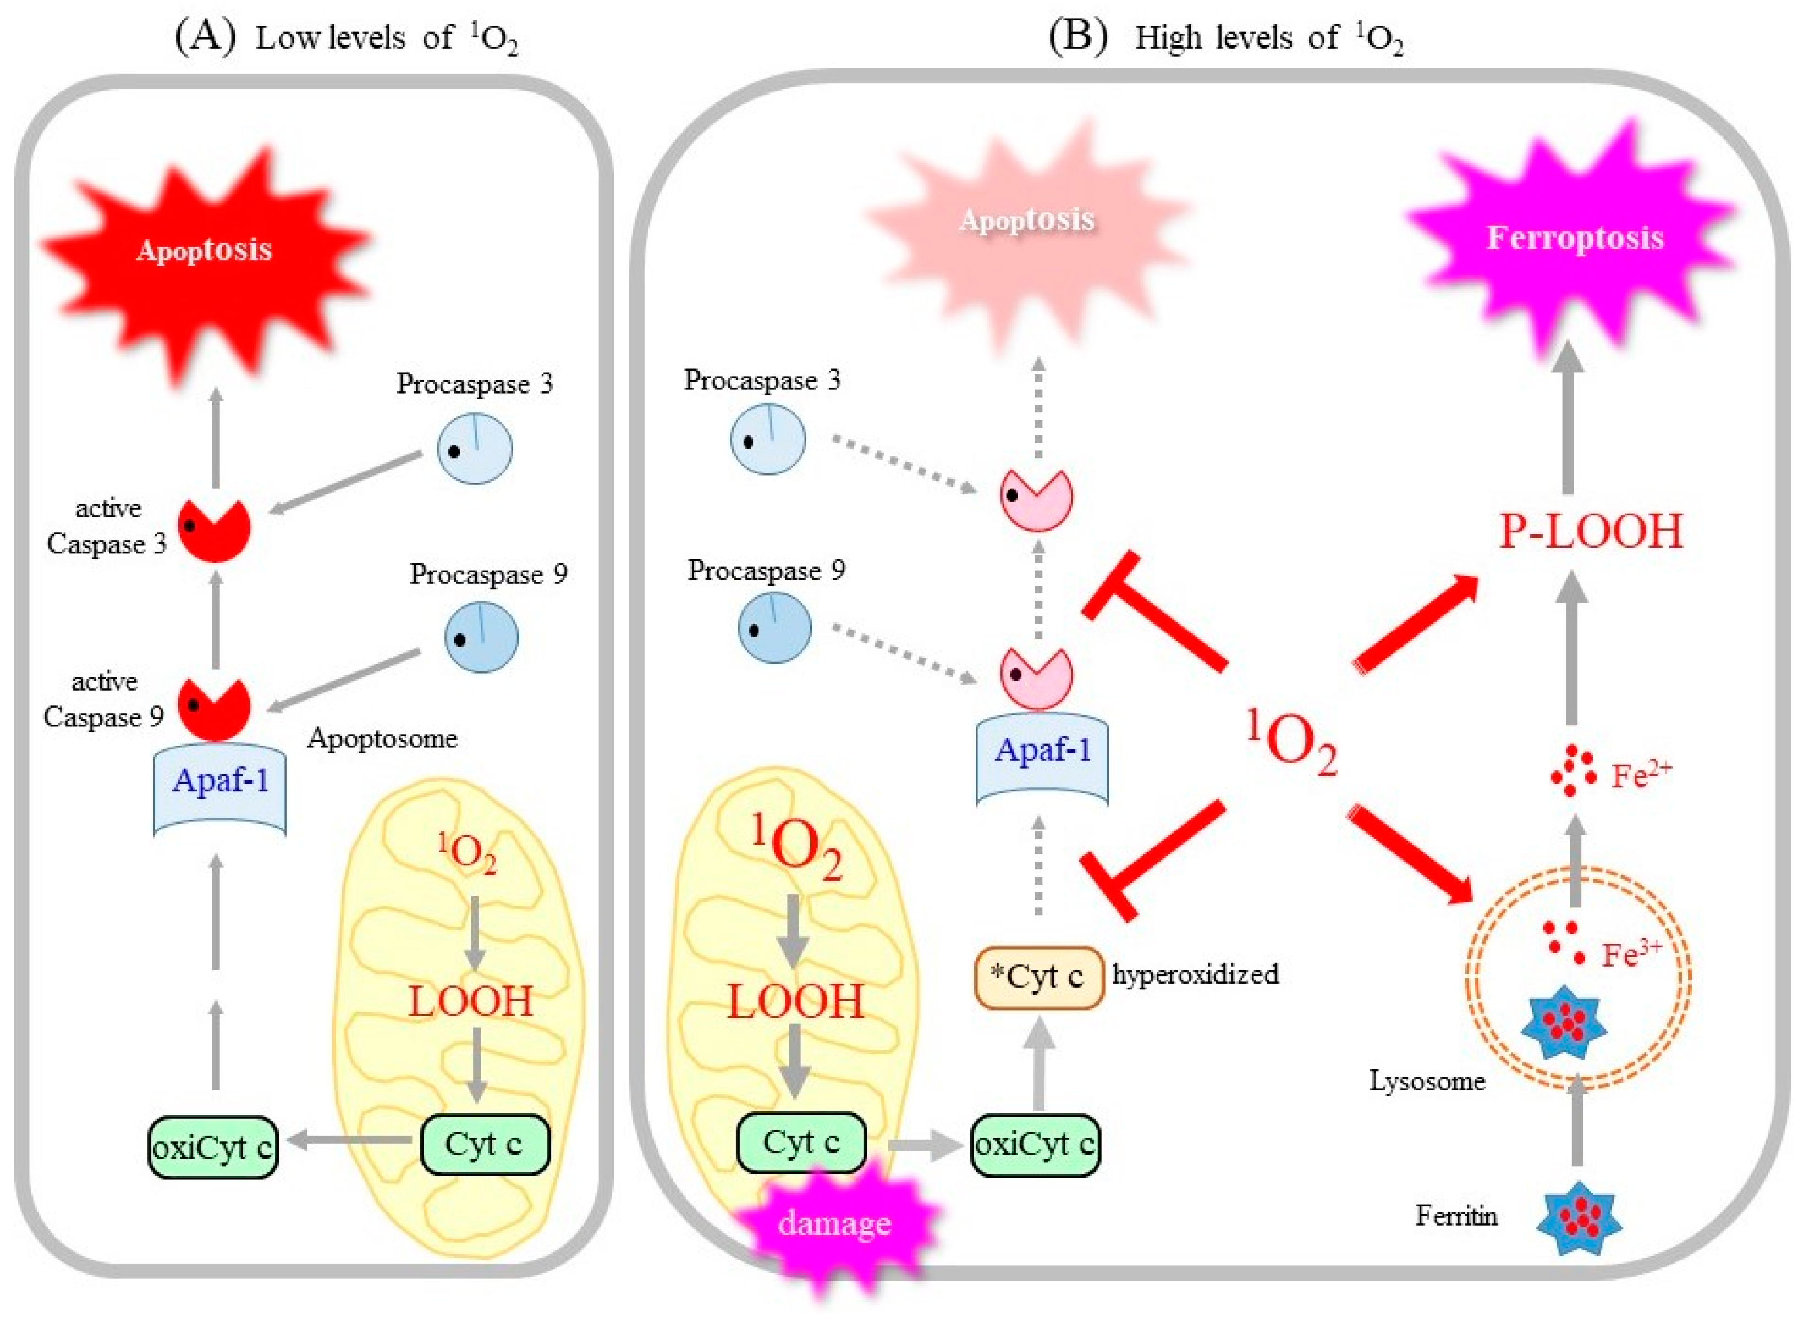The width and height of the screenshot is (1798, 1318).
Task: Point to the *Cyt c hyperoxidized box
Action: (1037, 977)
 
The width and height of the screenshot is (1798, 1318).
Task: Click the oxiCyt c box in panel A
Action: (212, 1147)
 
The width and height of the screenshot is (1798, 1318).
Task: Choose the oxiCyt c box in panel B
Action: (1034, 1144)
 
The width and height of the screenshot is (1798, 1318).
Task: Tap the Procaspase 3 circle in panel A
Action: (474, 448)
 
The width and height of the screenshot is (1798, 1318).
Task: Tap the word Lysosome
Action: (1426, 1081)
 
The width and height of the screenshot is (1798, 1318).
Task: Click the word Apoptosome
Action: (382, 738)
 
